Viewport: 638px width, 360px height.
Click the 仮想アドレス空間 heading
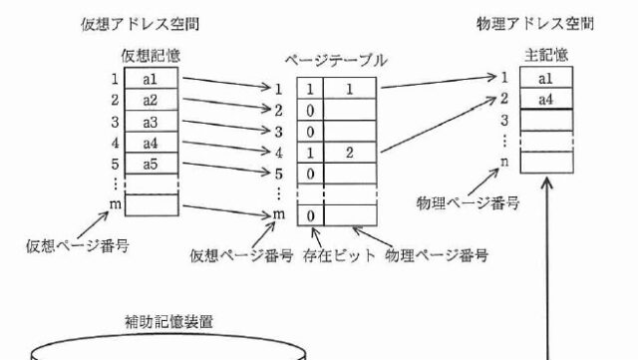[x=140, y=25]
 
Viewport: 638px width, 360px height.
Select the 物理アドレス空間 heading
[x=535, y=24]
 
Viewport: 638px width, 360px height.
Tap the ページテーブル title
[x=336, y=61]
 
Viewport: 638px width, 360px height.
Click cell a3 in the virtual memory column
[x=151, y=122]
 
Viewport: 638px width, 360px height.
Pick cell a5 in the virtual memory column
[x=151, y=164]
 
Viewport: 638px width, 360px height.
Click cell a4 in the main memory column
[x=546, y=99]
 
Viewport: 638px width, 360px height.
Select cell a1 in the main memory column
[x=546, y=78]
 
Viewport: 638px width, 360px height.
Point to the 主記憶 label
[x=546, y=55]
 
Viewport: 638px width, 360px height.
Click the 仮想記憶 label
[x=151, y=56]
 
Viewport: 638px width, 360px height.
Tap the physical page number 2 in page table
[x=350, y=153]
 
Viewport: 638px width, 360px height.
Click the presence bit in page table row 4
[x=310, y=153]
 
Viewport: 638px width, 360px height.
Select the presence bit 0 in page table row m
[x=310, y=215]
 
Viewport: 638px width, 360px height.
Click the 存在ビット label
[x=339, y=255]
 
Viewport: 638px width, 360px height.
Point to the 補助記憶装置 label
[x=168, y=322]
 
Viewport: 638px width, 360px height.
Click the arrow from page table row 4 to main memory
[x=439, y=125]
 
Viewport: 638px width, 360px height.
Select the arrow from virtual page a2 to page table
[x=227, y=104]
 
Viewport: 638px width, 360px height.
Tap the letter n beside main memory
[x=504, y=162]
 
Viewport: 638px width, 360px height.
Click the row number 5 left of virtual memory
[x=116, y=164]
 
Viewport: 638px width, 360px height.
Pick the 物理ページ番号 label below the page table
[x=437, y=255]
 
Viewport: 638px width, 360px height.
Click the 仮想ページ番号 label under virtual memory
[x=78, y=246]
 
